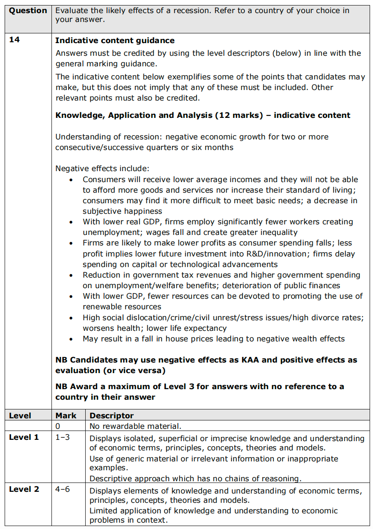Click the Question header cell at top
pos(28,11)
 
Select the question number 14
pos(14,41)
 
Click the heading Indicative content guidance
pos(115,41)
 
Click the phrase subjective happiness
pos(122,211)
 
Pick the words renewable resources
pos(122,307)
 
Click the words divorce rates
pos(339,317)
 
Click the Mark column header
pos(66,415)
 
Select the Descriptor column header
pos(111,415)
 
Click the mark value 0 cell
pos(58,426)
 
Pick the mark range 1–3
pos(62,437)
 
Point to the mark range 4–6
pos(62,489)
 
